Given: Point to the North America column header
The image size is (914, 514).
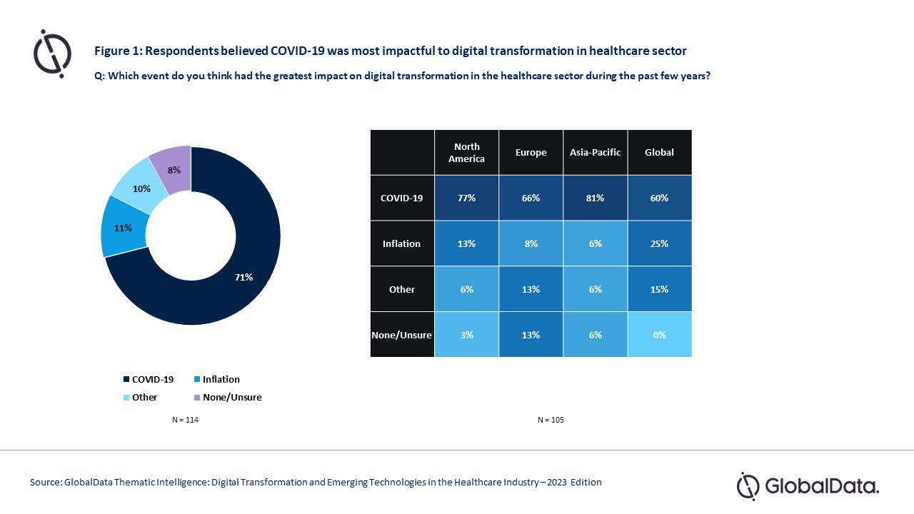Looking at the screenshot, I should [x=466, y=153].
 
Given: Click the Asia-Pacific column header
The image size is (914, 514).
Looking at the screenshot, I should [x=595, y=153].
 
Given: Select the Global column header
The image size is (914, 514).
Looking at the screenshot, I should [x=659, y=153].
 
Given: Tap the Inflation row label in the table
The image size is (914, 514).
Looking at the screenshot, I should [x=402, y=243].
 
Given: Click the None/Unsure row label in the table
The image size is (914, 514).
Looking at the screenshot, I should [x=402, y=335].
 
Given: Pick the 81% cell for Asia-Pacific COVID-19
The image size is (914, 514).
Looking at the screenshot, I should [x=595, y=198].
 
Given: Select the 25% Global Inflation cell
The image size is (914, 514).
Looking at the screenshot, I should [x=659, y=243].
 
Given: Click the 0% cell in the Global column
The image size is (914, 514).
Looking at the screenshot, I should [x=659, y=335].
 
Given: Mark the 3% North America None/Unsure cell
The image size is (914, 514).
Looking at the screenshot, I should [x=466, y=335].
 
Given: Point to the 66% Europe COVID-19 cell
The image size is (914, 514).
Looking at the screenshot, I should [x=531, y=198].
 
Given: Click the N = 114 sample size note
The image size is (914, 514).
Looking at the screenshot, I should [x=185, y=420].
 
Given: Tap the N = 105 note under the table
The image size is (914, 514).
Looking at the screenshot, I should [x=551, y=420].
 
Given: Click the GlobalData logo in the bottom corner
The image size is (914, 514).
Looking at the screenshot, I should [x=808, y=486].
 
